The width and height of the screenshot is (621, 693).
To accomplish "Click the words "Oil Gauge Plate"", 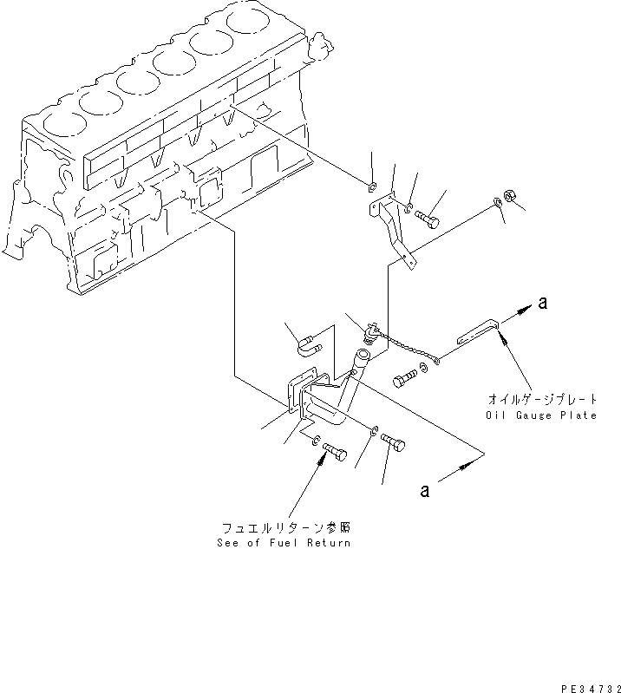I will (x=541, y=415).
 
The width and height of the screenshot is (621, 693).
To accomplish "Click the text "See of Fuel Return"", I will (x=286, y=542).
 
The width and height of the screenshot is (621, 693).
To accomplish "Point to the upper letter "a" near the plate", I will (x=543, y=303).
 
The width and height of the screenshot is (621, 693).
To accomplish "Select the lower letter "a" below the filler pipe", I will (x=424, y=491).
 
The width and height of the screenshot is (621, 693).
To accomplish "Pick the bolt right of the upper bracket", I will (x=427, y=219).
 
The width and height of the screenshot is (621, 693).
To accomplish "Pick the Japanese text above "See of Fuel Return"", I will (x=286, y=527).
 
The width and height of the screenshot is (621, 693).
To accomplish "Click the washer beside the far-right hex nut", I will (x=494, y=202).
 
